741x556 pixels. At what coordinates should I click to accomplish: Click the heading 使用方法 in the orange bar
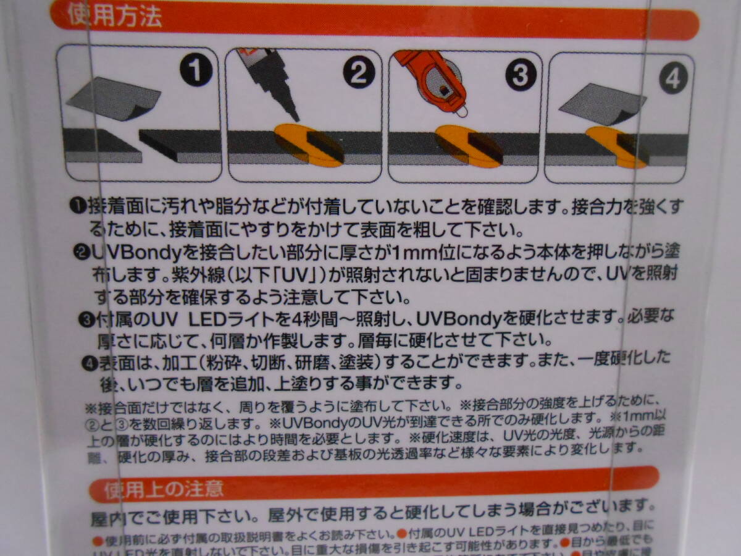[115, 18]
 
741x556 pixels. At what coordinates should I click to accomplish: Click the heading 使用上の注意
[164, 491]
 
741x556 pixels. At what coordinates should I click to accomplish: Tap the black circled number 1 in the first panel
[196, 73]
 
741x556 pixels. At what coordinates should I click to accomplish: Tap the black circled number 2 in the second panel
[358, 74]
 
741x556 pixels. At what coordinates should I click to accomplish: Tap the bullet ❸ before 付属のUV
[86, 320]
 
